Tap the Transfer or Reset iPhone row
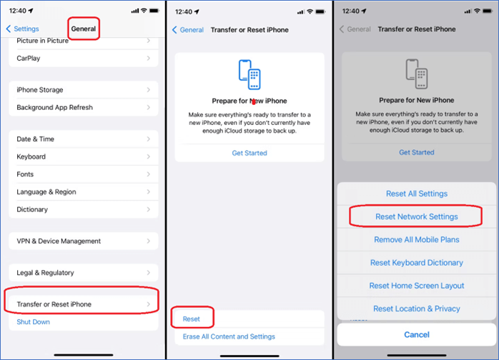[x=84, y=304]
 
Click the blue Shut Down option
[x=34, y=322]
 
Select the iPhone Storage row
[x=84, y=90]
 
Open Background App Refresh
[x=84, y=107]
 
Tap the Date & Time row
[x=84, y=139]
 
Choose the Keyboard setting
[x=84, y=156]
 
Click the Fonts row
[x=84, y=174]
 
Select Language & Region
[x=84, y=191]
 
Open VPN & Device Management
[x=84, y=241]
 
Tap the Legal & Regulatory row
[x=84, y=273]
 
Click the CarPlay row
[x=84, y=58]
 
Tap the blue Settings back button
[x=23, y=29]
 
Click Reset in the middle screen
[x=192, y=319]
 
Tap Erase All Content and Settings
[x=229, y=336]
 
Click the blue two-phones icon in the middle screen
[x=249, y=74]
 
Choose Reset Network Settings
[x=417, y=216]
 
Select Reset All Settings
[x=417, y=194]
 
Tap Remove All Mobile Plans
[x=417, y=239]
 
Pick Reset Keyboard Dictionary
[x=417, y=263]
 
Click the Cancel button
[x=417, y=334]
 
